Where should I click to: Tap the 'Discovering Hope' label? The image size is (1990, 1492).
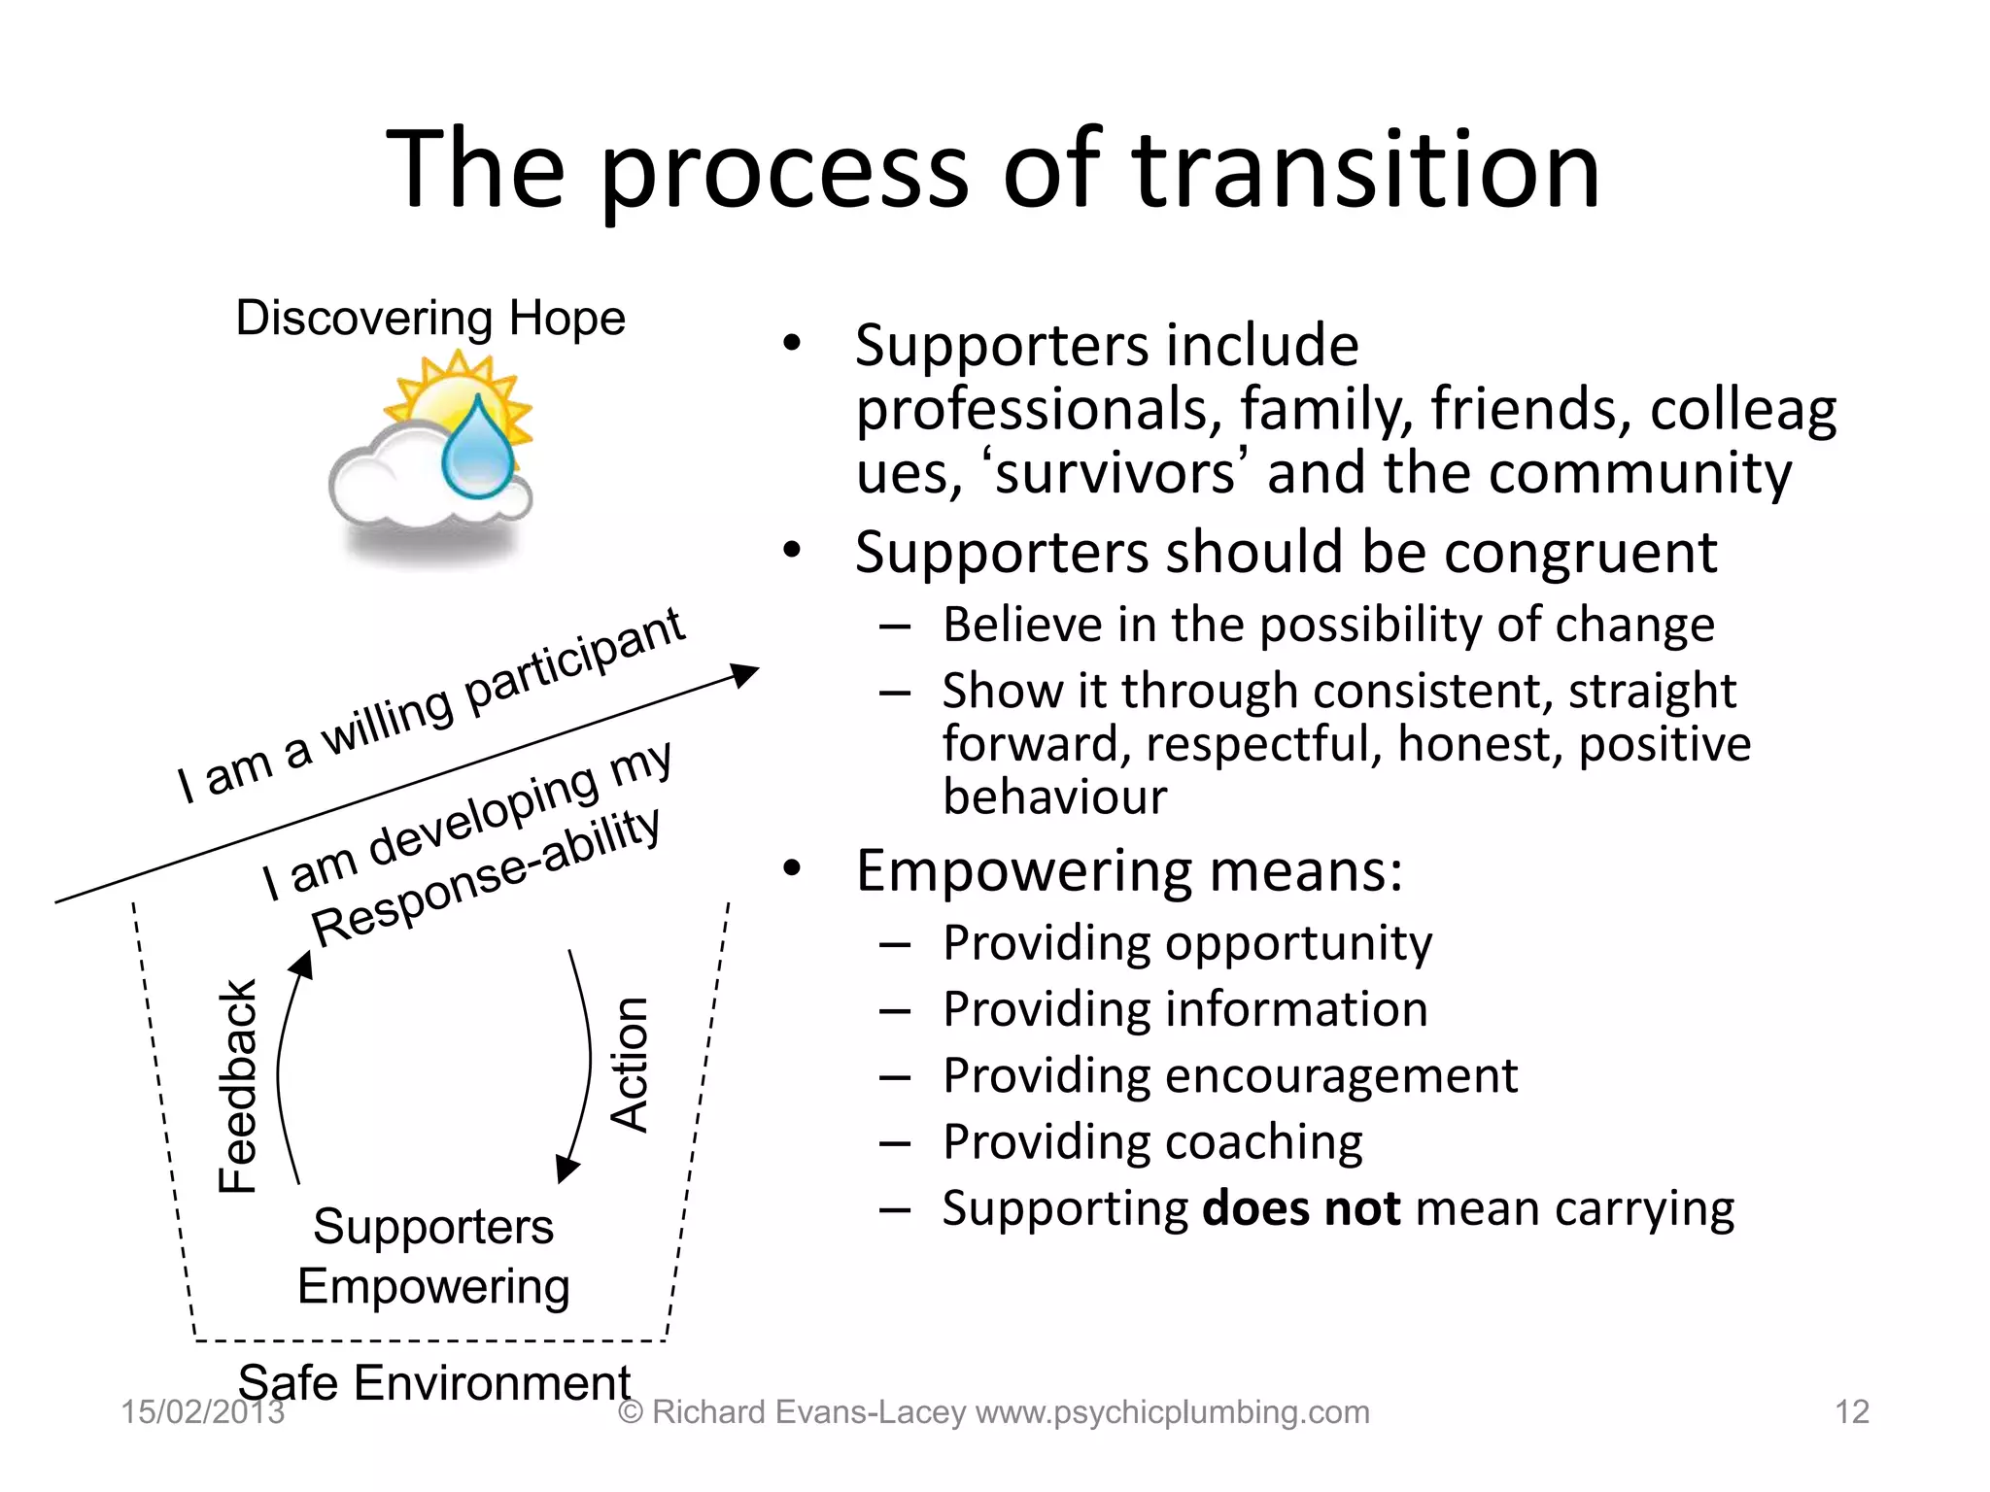point(430,319)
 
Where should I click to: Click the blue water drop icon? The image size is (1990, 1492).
point(478,449)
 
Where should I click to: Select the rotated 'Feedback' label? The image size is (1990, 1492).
point(237,1085)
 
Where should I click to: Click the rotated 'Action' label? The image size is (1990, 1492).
point(630,1064)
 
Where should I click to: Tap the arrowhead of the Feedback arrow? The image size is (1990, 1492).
point(303,964)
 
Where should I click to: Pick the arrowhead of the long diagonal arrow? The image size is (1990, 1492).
point(745,673)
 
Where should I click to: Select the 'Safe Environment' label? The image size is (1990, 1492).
point(434,1381)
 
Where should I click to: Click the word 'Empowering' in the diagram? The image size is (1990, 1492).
point(433,1287)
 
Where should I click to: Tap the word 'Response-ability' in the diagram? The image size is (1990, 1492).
point(486,877)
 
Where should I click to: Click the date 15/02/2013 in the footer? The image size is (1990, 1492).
point(202,1411)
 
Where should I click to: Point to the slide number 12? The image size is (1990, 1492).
point(1851,1411)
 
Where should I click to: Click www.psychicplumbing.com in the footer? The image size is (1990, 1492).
point(1172,1411)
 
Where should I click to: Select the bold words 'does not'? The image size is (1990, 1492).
point(1300,1208)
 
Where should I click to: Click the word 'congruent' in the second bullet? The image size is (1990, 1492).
point(1580,553)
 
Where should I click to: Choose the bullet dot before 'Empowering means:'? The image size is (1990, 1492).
point(793,868)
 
